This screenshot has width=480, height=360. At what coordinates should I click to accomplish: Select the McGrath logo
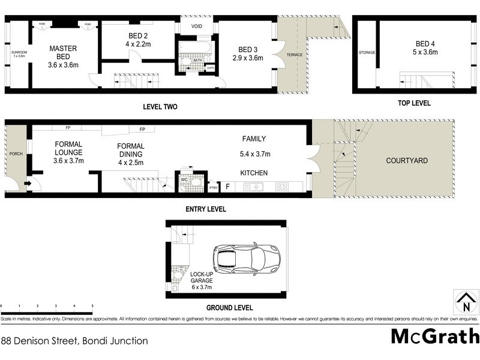click(x=434, y=337)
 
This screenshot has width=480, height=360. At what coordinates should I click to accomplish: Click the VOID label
click(x=197, y=27)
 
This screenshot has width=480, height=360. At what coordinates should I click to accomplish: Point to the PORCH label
click(x=16, y=154)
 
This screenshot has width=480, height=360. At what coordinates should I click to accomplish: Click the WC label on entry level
click(x=184, y=178)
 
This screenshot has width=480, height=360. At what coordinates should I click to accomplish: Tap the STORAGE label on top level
click(x=367, y=53)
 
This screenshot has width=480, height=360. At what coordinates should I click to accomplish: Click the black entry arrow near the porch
click(x=28, y=184)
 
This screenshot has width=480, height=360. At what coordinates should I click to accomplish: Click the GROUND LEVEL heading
click(x=229, y=308)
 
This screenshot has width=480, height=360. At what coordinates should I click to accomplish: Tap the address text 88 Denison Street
click(x=74, y=341)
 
